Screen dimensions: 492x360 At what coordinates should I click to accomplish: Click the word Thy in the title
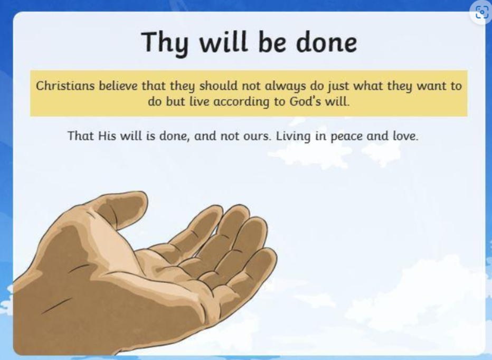tap(165, 43)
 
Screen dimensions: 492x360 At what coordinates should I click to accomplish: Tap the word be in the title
tap(272, 42)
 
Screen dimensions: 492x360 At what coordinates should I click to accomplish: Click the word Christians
tap(65, 86)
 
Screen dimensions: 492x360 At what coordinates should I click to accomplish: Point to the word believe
tap(118, 86)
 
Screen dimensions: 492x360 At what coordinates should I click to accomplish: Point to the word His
tap(107, 136)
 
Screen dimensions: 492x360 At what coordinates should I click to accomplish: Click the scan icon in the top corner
tap(481, 12)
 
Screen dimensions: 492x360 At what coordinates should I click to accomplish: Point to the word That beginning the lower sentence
tap(81, 136)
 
